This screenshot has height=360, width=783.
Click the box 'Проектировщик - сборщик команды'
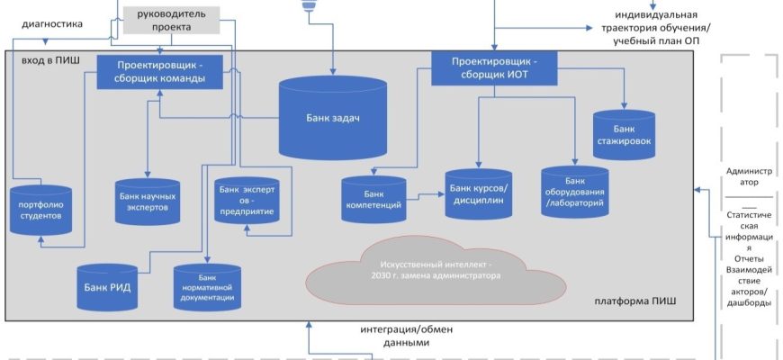[x=159, y=72]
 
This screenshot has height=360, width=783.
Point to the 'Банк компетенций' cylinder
[x=373, y=200]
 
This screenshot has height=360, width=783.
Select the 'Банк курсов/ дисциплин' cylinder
[x=479, y=194]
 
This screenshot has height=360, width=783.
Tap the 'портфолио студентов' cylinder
[x=40, y=211]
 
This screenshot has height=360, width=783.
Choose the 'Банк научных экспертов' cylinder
[x=148, y=201]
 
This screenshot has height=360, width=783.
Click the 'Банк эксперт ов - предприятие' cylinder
[x=246, y=201]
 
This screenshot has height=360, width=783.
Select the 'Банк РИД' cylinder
[x=106, y=287]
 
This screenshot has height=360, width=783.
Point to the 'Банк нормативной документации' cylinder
[x=207, y=288]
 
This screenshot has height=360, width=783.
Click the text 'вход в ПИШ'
[x=47, y=58]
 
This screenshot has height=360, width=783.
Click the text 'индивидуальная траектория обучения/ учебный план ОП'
[x=661, y=28]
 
